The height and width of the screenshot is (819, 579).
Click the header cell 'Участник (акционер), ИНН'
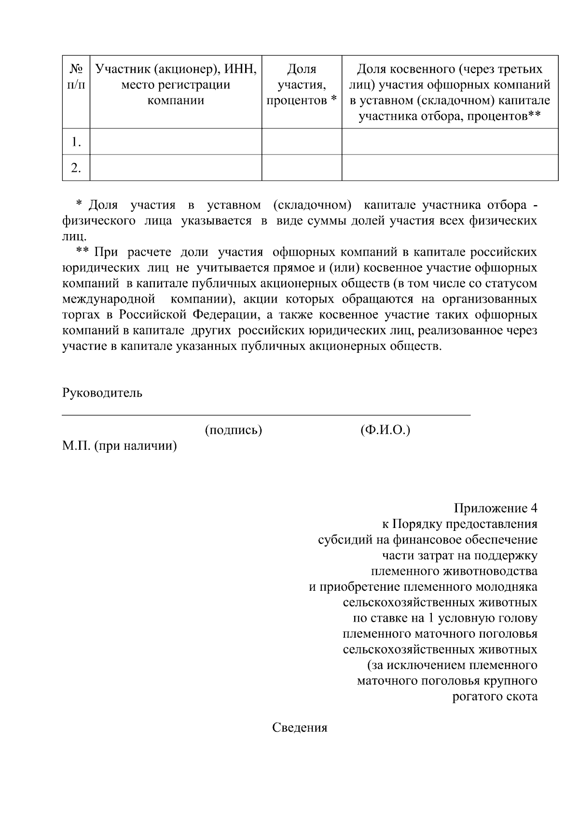point(176,85)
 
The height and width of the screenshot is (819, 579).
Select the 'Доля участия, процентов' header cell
point(302,85)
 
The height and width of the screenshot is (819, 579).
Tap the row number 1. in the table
point(76,141)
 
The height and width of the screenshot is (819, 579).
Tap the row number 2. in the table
point(76,167)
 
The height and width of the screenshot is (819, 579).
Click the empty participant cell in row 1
point(176,141)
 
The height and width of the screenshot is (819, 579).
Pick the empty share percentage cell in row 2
point(302,167)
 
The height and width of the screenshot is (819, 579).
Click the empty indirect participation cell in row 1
point(450,141)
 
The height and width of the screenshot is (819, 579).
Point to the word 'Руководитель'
point(102,392)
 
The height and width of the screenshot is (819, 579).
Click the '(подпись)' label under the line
point(234,430)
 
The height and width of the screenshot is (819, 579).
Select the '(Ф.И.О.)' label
point(385,430)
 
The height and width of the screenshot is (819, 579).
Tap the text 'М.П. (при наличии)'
point(120,446)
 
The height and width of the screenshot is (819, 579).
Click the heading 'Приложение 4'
point(495,508)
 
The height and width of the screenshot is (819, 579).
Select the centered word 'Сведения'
point(300,728)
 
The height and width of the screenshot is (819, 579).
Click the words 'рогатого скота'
point(495,696)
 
